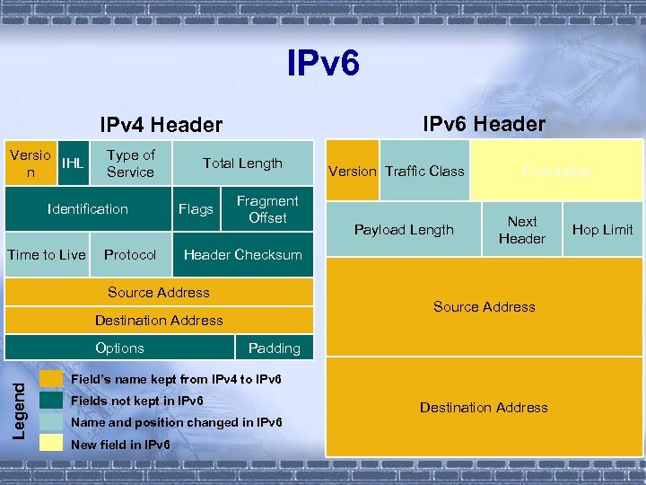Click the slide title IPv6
(323, 64)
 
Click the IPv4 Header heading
(161, 124)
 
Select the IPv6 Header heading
(484, 123)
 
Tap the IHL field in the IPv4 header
(72, 163)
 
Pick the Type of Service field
(130, 163)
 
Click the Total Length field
(242, 163)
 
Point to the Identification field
(88, 209)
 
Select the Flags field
(196, 209)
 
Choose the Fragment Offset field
(267, 209)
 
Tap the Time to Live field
(47, 255)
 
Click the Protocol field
(130, 255)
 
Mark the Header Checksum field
(242, 255)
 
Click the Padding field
(274, 348)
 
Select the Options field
(119, 348)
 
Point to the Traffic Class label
(424, 171)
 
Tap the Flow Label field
(557, 171)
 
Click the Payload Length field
(404, 230)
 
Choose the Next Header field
(522, 230)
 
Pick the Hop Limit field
(603, 230)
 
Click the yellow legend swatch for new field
(51, 444)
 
